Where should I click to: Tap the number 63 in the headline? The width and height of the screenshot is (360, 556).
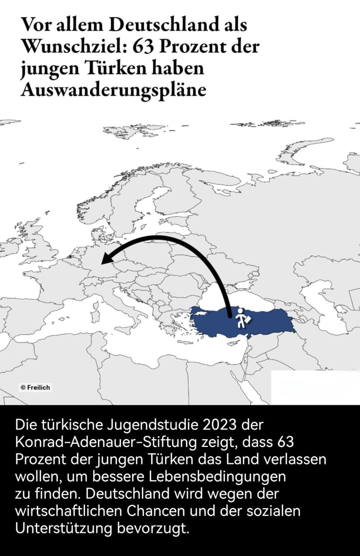(x=145, y=46)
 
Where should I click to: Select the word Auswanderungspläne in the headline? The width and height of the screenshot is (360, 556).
(x=113, y=89)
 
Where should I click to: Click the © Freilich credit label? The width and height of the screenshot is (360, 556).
(x=35, y=387)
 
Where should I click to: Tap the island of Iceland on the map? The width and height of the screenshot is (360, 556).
(x=9, y=122)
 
